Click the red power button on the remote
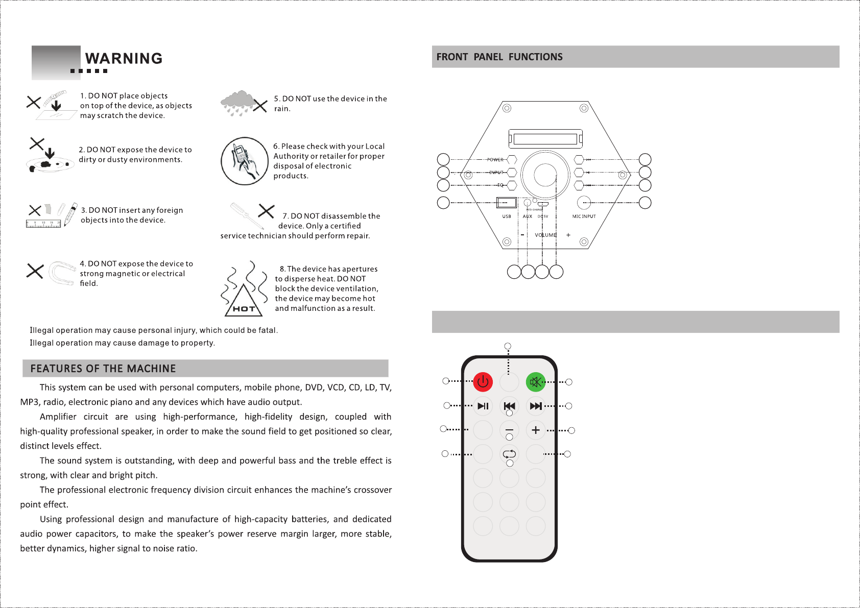click(x=483, y=381)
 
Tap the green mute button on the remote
click(x=536, y=381)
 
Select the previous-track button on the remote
click(x=509, y=406)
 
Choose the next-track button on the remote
click(x=536, y=406)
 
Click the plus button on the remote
click(x=536, y=430)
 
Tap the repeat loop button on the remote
click(x=509, y=453)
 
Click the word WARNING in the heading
click(x=124, y=59)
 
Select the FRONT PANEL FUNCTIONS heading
click(x=499, y=57)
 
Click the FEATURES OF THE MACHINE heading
click(x=103, y=368)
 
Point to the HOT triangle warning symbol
click(x=244, y=302)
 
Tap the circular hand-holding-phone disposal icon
click(x=245, y=161)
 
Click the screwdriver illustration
click(x=247, y=216)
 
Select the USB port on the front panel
click(x=506, y=203)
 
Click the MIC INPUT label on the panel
click(x=584, y=216)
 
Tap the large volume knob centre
click(x=545, y=175)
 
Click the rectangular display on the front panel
click(x=545, y=139)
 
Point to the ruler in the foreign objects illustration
click(x=43, y=224)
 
